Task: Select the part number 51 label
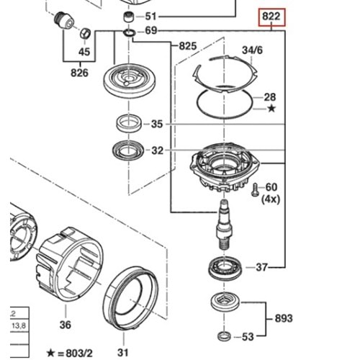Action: pyautogui.click(x=150, y=16)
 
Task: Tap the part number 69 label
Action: pyautogui.click(x=150, y=31)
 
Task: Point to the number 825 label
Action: pyautogui.click(x=187, y=46)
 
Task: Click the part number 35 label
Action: pyautogui.click(x=157, y=124)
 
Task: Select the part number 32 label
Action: pyautogui.click(x=157, y=151)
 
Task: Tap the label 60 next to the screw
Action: pyautogui.click(x=271, y=187)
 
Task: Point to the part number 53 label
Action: pyautogui.click(x=248, y=337)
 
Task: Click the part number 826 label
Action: pyautogui.click(x=80, y=72)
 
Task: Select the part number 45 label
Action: pyautogui.click(x=84, y=52)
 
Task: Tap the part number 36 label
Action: pyautogui.click(x=66, y=325)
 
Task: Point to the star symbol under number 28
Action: pyautogui.click(x=271, y=109)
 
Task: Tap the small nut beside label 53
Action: pyautogui.click(x=223, y=336)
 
